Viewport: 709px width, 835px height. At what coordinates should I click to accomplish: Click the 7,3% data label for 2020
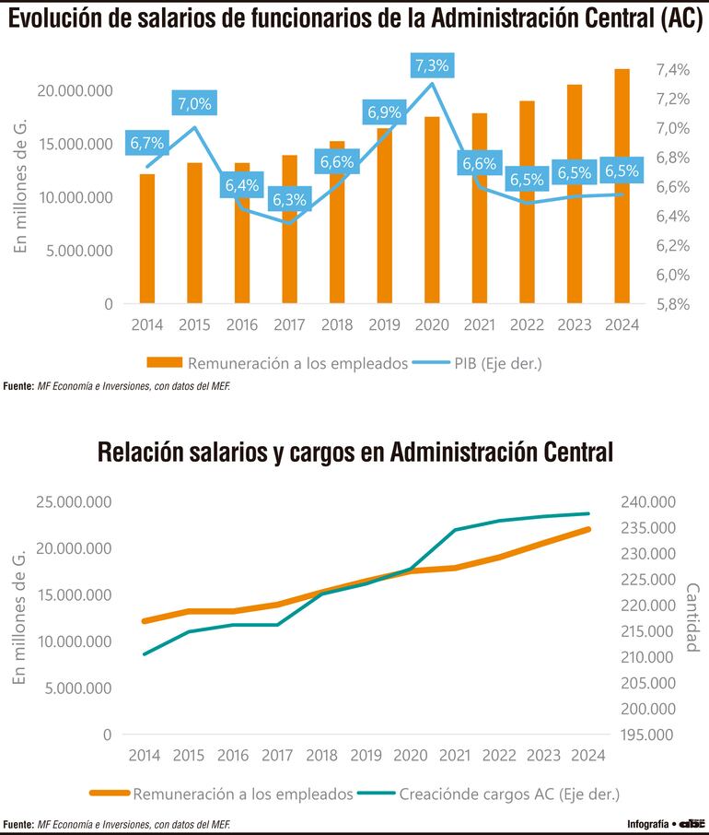(432, 66)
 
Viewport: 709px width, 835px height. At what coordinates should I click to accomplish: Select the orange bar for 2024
(621, 184)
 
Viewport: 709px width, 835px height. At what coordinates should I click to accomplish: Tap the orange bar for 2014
(147, 238)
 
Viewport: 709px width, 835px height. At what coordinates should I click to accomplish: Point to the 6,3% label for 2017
(290, 200)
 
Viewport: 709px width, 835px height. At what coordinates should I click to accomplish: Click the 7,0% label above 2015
(194, 104)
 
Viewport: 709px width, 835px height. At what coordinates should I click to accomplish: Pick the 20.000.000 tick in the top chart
(76, 90)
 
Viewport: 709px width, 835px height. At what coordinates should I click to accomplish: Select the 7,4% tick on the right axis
(671, 69)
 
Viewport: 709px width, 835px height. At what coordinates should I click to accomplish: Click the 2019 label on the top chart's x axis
(383, 325)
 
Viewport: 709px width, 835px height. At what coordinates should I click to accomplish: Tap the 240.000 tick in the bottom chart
(650, 502)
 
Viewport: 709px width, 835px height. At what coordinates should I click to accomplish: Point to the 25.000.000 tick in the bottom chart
(76, 502)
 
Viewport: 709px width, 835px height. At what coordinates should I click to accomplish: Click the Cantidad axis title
(692, 617)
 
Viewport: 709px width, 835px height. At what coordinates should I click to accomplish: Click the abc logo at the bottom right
(692, 823)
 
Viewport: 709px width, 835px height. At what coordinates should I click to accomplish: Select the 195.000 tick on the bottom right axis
(650, 735)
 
